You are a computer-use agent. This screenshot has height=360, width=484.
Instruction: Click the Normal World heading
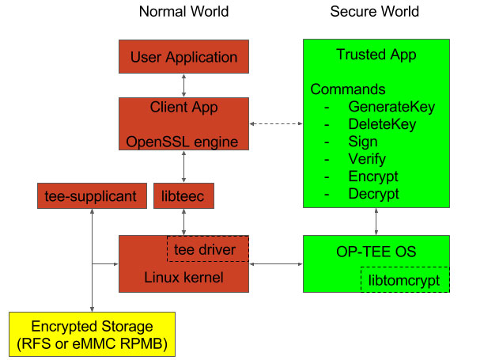click(183, 12)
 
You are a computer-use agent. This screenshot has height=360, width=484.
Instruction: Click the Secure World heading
click(374, 12)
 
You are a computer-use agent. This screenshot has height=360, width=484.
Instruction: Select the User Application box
click(183, 57)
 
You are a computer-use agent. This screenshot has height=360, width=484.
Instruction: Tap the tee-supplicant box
click(92, 195)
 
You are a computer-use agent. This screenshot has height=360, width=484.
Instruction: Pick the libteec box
click(183, 195)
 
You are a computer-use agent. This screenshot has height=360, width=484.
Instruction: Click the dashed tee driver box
click(207, 249)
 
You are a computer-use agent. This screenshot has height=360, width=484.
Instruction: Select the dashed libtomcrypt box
click(404, 280)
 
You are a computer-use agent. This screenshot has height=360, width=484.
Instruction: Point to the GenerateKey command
click(391, 107)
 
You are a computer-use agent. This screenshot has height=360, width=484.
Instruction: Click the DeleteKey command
click(381, 124)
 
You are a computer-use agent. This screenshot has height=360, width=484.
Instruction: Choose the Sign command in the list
click(363, 142)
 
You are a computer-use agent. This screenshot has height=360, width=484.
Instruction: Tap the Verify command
click(366, 159)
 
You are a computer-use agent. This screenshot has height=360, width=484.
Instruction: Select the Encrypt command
click(372, 176)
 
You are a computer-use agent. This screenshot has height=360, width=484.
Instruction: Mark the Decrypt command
click(373, 194)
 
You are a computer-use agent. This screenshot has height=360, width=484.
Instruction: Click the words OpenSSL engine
click(183, 142)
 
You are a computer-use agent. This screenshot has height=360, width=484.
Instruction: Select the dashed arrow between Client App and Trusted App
click(276, 124)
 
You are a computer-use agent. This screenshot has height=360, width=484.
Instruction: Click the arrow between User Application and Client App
click(183, 85)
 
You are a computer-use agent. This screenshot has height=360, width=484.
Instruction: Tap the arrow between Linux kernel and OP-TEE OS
click(276, 263)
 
